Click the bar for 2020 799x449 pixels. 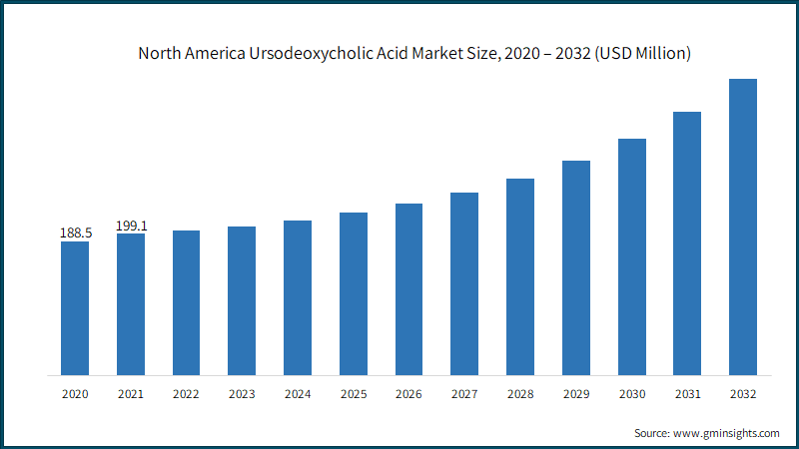(75, 308)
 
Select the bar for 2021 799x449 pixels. (131, 304)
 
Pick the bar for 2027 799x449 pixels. (464, 283)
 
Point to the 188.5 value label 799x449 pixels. (75, 232)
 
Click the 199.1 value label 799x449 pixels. (131, 225)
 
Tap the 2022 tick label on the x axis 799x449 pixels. (186, 395)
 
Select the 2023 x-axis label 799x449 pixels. (242, 395)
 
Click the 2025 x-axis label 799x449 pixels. (354, 395)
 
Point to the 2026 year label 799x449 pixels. (408, 395)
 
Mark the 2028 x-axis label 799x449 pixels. (520, 395)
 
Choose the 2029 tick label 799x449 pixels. (576, 395)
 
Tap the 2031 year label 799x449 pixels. (687, 395)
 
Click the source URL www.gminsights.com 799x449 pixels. (726, 433)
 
